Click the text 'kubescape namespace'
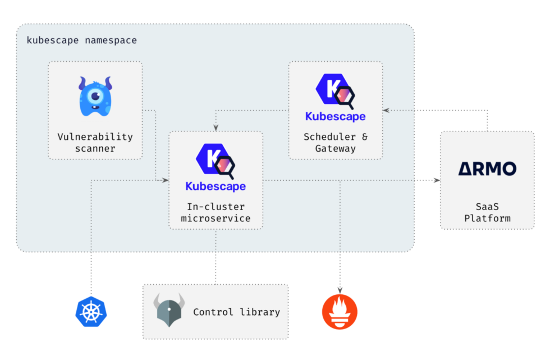pyautogui.click(x=81, y=40)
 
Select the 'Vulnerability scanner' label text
pyautogui.click(x=95, y=143)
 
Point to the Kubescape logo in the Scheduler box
pyautogui.click(x=335, y=90)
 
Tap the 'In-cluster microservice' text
pyautogui.click(x=216, y=212)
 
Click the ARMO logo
pyautogui.click(x=487, y=168)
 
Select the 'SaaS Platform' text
pyautogui.click(x=487, y=212)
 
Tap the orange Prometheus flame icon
pyautogui.click(x=340, y=312)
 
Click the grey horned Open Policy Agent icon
pyautogui.click(x=169, y=310)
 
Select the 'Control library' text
pyautogui.click(x=236, y=312)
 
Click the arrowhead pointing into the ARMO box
pyautogui.click(x=437, y=180)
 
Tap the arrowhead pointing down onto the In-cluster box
pyautogui.click(x=216, y=128)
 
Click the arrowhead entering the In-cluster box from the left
pyautogui.click(x=165, y=180)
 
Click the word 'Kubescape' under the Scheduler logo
pyautogui.click(x=335, y=117)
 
